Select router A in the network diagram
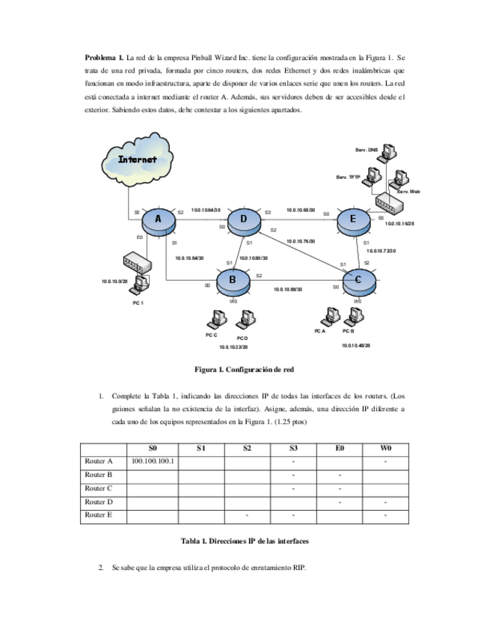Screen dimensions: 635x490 tap(159, 219)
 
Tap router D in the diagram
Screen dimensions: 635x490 tap(243, 219)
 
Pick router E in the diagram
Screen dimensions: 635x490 tap(353, 219)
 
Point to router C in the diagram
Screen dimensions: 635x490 tap(358, 281)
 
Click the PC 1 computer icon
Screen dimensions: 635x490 tap(138, 288)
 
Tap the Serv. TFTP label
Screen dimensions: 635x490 tap(348, 177)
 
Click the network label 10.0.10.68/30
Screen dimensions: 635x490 tap(301, 210)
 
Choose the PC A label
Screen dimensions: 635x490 tap(319, 330)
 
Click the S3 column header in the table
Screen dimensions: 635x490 tap(293, 448)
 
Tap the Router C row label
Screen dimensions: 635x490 tap(99, 488)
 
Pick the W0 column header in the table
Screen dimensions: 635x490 tap(385, 448)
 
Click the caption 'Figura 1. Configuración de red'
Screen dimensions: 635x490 tap(245, 369)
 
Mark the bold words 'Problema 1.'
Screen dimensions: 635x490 tap(104, 57)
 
